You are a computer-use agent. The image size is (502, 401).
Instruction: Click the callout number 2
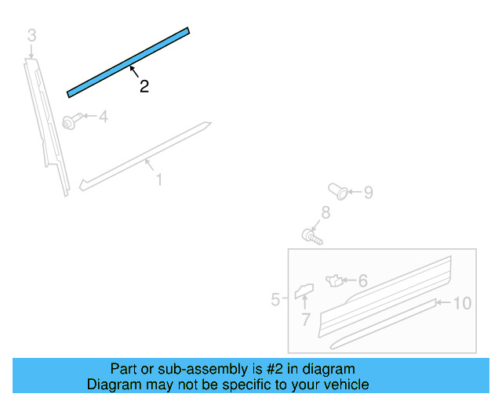pyautogui.click(x=144, y=87)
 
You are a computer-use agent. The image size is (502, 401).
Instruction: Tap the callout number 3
pyautogui.click(x=31, y=35)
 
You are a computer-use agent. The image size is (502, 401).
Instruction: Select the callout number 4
pyautogui.click(x=103, y=117)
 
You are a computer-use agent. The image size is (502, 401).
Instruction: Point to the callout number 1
pyautogui.click(x=159, y=180)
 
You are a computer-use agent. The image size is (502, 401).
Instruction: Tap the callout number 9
pyautogui.click(x=368, y=192)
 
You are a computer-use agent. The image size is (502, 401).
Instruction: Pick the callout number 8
pyautogui.click(x=326, y=212)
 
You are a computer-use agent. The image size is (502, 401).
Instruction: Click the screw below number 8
pyautogui.click(x=311, y=234)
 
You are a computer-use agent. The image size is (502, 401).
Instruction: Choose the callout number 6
pyautogui.click(x=362, y=280)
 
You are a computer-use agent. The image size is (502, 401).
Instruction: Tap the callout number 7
pyautogui.click(x=306, y=319)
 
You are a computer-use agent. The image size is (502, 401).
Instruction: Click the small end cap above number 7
pyautogui.click(x=304, y=291)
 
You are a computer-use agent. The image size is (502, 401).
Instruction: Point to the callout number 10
pyautogui.click(x=462, y=303)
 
